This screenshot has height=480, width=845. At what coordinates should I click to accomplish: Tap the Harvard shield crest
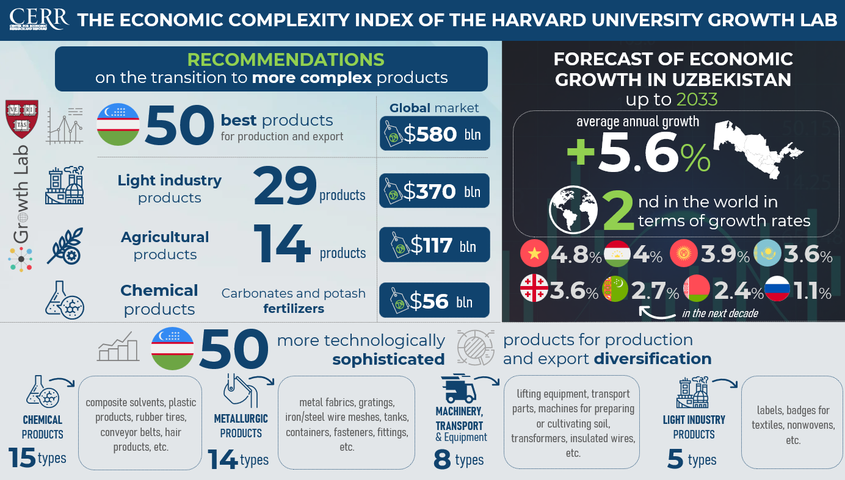21,120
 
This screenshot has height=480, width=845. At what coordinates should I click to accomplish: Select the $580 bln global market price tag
434,134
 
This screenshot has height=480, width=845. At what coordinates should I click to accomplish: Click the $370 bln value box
434,190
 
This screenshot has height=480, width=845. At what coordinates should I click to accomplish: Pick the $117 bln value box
434,245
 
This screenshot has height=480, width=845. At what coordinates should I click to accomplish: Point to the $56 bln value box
434,300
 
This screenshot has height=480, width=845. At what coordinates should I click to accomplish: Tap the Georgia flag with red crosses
534,289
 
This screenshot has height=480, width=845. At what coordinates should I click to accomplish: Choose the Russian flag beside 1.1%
777,289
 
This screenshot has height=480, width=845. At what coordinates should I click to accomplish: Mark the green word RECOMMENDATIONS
286,60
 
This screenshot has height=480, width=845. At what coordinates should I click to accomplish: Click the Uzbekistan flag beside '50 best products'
118,126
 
